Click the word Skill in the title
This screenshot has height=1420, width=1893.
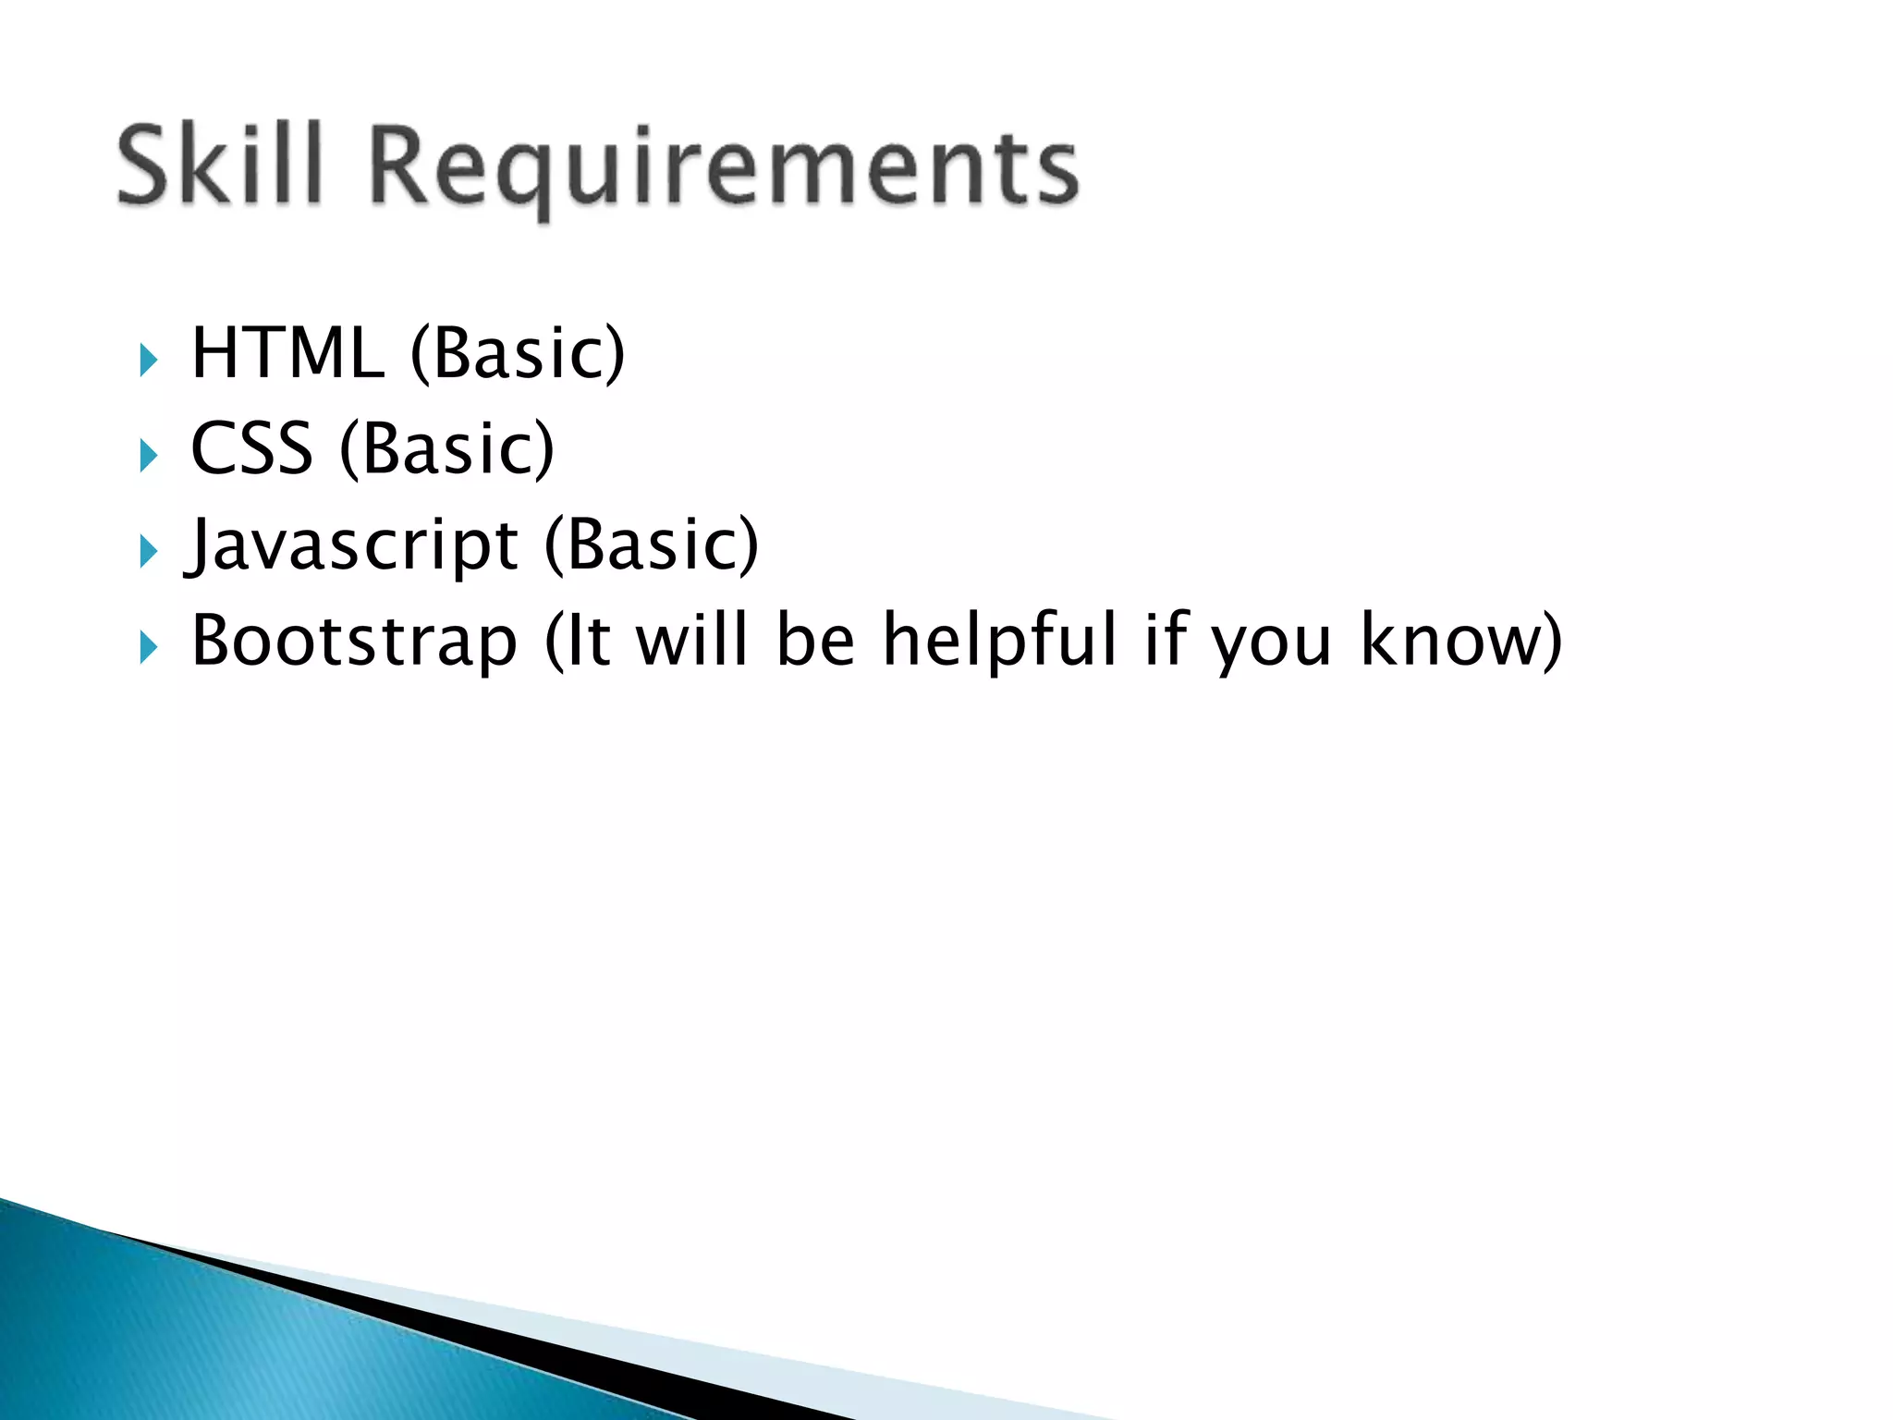point(220,166)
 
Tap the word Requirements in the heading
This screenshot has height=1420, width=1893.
point(724,171)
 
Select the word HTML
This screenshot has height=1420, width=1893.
point(287,353)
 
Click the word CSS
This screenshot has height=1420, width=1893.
point(251,449)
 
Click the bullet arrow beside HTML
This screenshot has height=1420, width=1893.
point(148,360)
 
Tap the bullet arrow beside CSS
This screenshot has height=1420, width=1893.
point(148,455)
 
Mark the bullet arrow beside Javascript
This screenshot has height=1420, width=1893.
point(148,552)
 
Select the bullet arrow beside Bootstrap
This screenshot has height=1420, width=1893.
point(148,647)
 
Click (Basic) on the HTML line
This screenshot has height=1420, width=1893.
point(518,355)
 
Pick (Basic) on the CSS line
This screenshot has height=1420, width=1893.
point(447,450)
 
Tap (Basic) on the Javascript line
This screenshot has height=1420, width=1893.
point(652,545)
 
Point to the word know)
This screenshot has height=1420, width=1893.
point(1461,642)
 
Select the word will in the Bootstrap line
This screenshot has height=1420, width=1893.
point(691,640)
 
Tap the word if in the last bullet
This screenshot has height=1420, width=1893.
point(1166,640)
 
